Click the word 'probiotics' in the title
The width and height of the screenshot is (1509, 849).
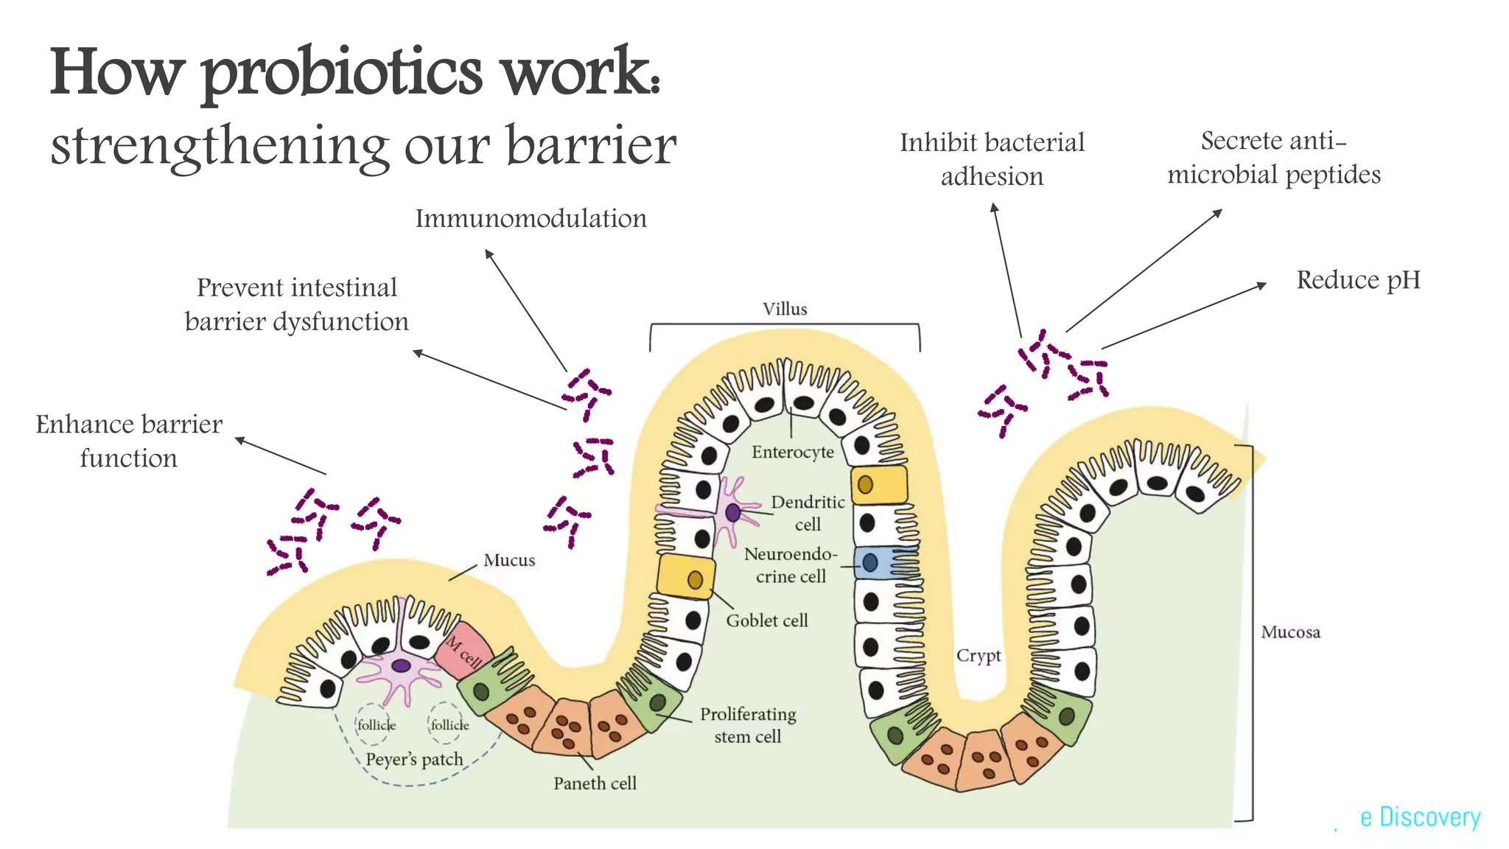(341, 74)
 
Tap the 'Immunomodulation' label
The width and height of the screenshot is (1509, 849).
(531, 219)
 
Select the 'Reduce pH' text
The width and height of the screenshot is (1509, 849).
(1358, 280)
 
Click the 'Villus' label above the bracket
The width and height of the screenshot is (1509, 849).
(785, 309)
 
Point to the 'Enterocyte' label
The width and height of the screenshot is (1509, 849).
(792, 452)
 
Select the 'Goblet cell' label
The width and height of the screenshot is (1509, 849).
(766, 621)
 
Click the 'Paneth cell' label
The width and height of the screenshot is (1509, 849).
(595, 783)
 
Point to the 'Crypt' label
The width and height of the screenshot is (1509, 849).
(978, 655)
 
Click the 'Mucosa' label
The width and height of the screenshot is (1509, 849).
(1290, 632)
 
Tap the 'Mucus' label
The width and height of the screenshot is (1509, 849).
(508, 560)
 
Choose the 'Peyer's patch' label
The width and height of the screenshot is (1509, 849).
(414, 759)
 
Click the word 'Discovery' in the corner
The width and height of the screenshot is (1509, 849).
(1429, 817)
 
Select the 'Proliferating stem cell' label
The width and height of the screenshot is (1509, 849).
(747, 725)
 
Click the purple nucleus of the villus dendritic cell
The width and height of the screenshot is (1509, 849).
(732, 513)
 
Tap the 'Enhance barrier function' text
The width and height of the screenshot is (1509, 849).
(129, 441)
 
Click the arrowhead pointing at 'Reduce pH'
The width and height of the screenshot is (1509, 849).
(1262, 284)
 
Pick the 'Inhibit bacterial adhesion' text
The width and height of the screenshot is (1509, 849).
(992, 159)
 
